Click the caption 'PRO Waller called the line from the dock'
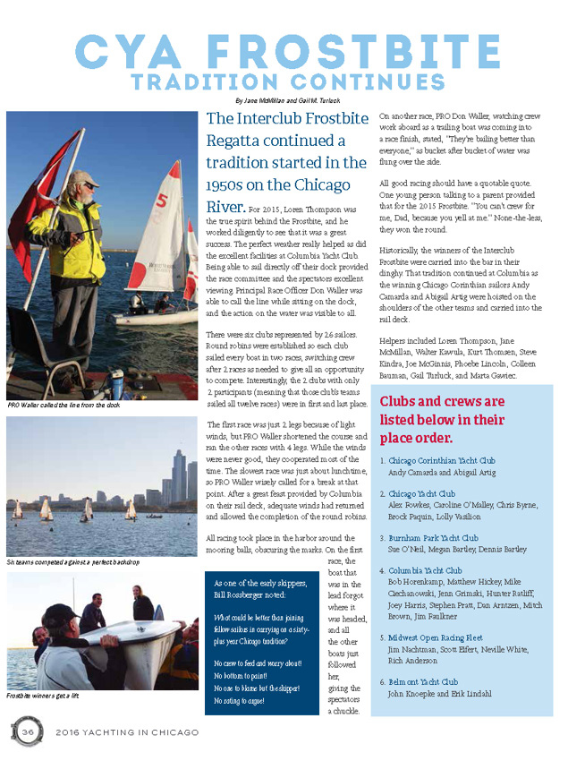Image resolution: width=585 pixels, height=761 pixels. coord(63,405)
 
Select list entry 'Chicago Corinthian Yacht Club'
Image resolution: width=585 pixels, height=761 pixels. coord(441,460)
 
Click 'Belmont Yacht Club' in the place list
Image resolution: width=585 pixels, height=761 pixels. coord(423,681)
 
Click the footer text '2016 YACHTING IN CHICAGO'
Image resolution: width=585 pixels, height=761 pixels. coord(125,732)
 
